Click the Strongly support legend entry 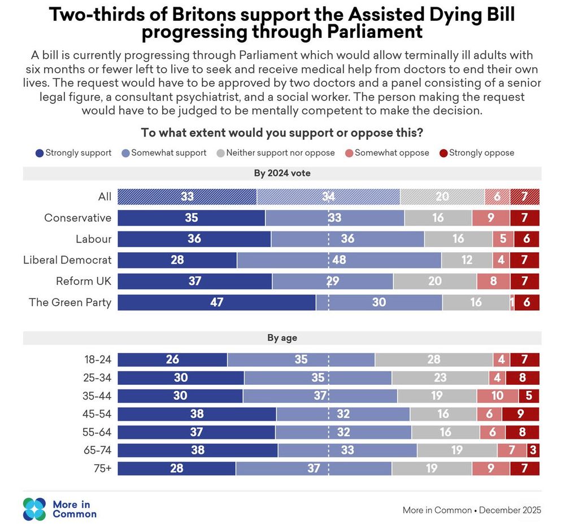coord(73,153)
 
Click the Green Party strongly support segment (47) coord(216,302)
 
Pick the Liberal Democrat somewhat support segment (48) coord(339,260)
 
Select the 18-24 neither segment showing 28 coord(433,360)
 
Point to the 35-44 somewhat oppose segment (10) coord(497,396)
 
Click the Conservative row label coord(77,218)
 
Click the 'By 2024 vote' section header coord(282,173)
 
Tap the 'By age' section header coord(282,338)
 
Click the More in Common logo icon coord(34,509)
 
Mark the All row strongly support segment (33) coord(187,197)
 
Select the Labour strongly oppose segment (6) coord(527,239)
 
